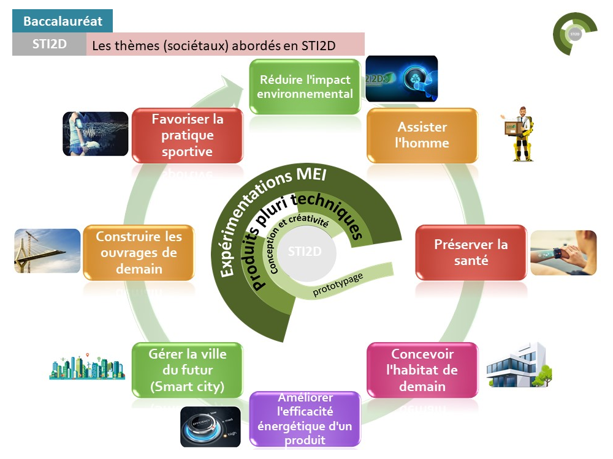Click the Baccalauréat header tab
63,21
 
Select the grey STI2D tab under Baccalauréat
49,44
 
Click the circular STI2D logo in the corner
574,34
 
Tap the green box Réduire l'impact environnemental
305,86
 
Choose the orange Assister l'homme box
422,135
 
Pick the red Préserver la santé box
471,252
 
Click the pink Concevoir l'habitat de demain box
422,370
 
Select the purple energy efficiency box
305,419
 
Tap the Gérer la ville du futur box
187,370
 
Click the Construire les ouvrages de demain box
138,252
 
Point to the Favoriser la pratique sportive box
187,135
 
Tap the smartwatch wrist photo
563,252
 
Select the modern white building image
516,366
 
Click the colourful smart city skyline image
87,367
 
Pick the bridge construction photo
47,251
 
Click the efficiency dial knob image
210,427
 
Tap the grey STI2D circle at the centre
305,252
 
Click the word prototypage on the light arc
338,284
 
